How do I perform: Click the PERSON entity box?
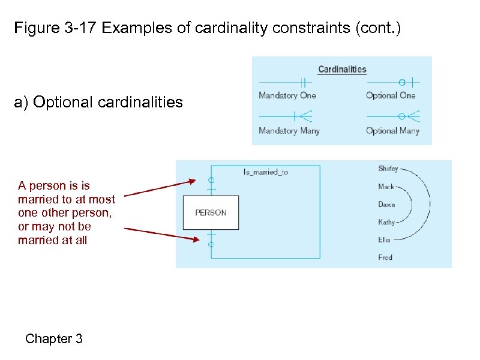click(211, 212)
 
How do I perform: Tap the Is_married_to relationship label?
click(265, 172)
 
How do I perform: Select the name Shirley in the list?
click(387, 169)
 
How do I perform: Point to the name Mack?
click(386, 187)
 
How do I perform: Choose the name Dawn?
click(386, 205)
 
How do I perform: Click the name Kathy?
click(386, 222)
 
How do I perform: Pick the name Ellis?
click(384, 239)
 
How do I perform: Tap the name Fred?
click(385, 257)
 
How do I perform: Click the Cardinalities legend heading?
click(342, 69)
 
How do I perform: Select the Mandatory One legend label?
click(287, 95)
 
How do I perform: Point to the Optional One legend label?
click(391, 95)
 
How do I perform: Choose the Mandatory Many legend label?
click(289, 131)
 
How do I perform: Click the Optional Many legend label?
click(392, 131)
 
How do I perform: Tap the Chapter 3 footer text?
click(54, 339)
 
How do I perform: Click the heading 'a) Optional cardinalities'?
click(98, 103)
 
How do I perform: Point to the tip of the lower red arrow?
click(199, 240)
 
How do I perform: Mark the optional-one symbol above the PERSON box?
click(211, 181)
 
